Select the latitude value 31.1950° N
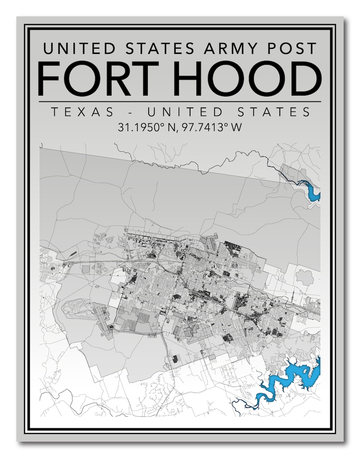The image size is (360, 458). coord(147,128)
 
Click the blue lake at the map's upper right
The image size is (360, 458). coord(312,191)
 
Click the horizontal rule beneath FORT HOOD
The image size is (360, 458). coord(180,101)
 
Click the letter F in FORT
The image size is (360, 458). coord(49,78)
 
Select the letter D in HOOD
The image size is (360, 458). coord(305,78)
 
